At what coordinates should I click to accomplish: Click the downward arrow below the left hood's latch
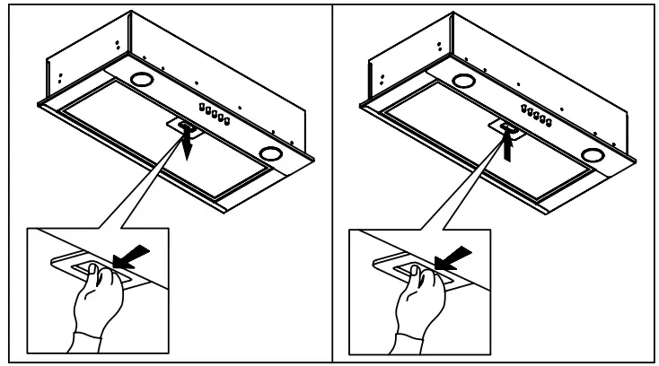[x=187, y=144]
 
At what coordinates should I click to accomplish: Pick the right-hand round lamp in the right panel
[x=592, y=153]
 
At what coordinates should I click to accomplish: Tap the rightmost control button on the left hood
[x=226, y=120]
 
